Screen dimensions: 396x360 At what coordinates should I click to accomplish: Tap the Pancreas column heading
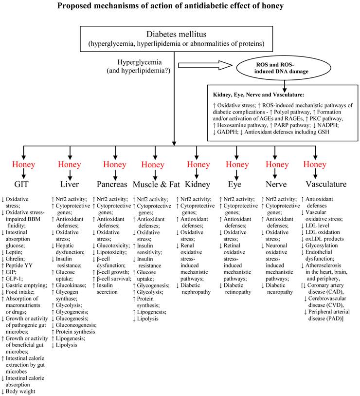click(x=112, y=185)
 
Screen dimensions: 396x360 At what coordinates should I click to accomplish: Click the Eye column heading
click(x=237, y=185)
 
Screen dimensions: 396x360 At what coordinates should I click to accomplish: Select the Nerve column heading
click(x=277, y=185)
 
